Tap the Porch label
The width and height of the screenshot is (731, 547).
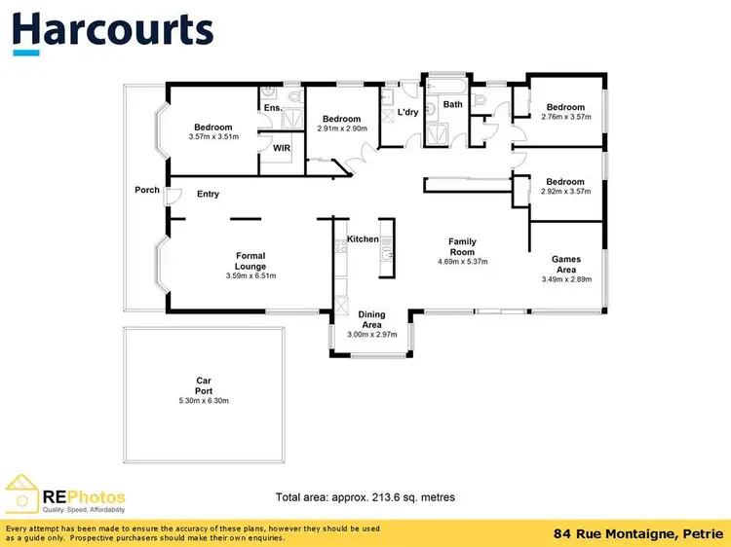pyautogui.click(x=147, y=190)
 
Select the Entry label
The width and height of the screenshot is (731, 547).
pyautogui.click(x=208, y=194)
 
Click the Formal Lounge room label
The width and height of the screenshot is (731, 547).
pyautogui.click(x=250, y=261)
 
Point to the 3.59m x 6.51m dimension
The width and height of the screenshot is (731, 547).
pyautogui.click(x=250, y=275)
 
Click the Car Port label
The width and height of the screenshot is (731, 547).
pyautogui.click(x=204, y=385)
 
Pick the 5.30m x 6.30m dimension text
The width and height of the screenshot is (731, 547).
pyautogui.click(x=204, y=401)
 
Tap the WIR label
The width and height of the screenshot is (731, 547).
pyautogui.click(x=282, y=148)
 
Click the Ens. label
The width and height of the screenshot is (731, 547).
pyautogui.click(x=273, y=107)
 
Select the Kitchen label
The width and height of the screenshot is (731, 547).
pyautogui.click(x=363, y=238)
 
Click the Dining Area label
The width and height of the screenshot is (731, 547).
pyautogui.click(x=371, y=319)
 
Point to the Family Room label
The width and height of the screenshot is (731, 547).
pyautogui.click(x=461, y=246)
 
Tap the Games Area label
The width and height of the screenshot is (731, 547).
pyautogui.click(x=566, y=264)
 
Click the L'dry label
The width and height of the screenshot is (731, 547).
pyautogui.click(x=407, y=113)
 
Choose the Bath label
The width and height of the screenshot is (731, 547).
pyautogui.click(x=453, y=104)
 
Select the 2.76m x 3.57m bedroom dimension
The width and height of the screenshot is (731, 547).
pyautogui.click(x=565, y=118)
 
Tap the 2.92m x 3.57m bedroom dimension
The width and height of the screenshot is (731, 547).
pyautogui.click(x=565, y=192)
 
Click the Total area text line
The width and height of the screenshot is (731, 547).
pyautogui.click(x=365, y=496)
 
